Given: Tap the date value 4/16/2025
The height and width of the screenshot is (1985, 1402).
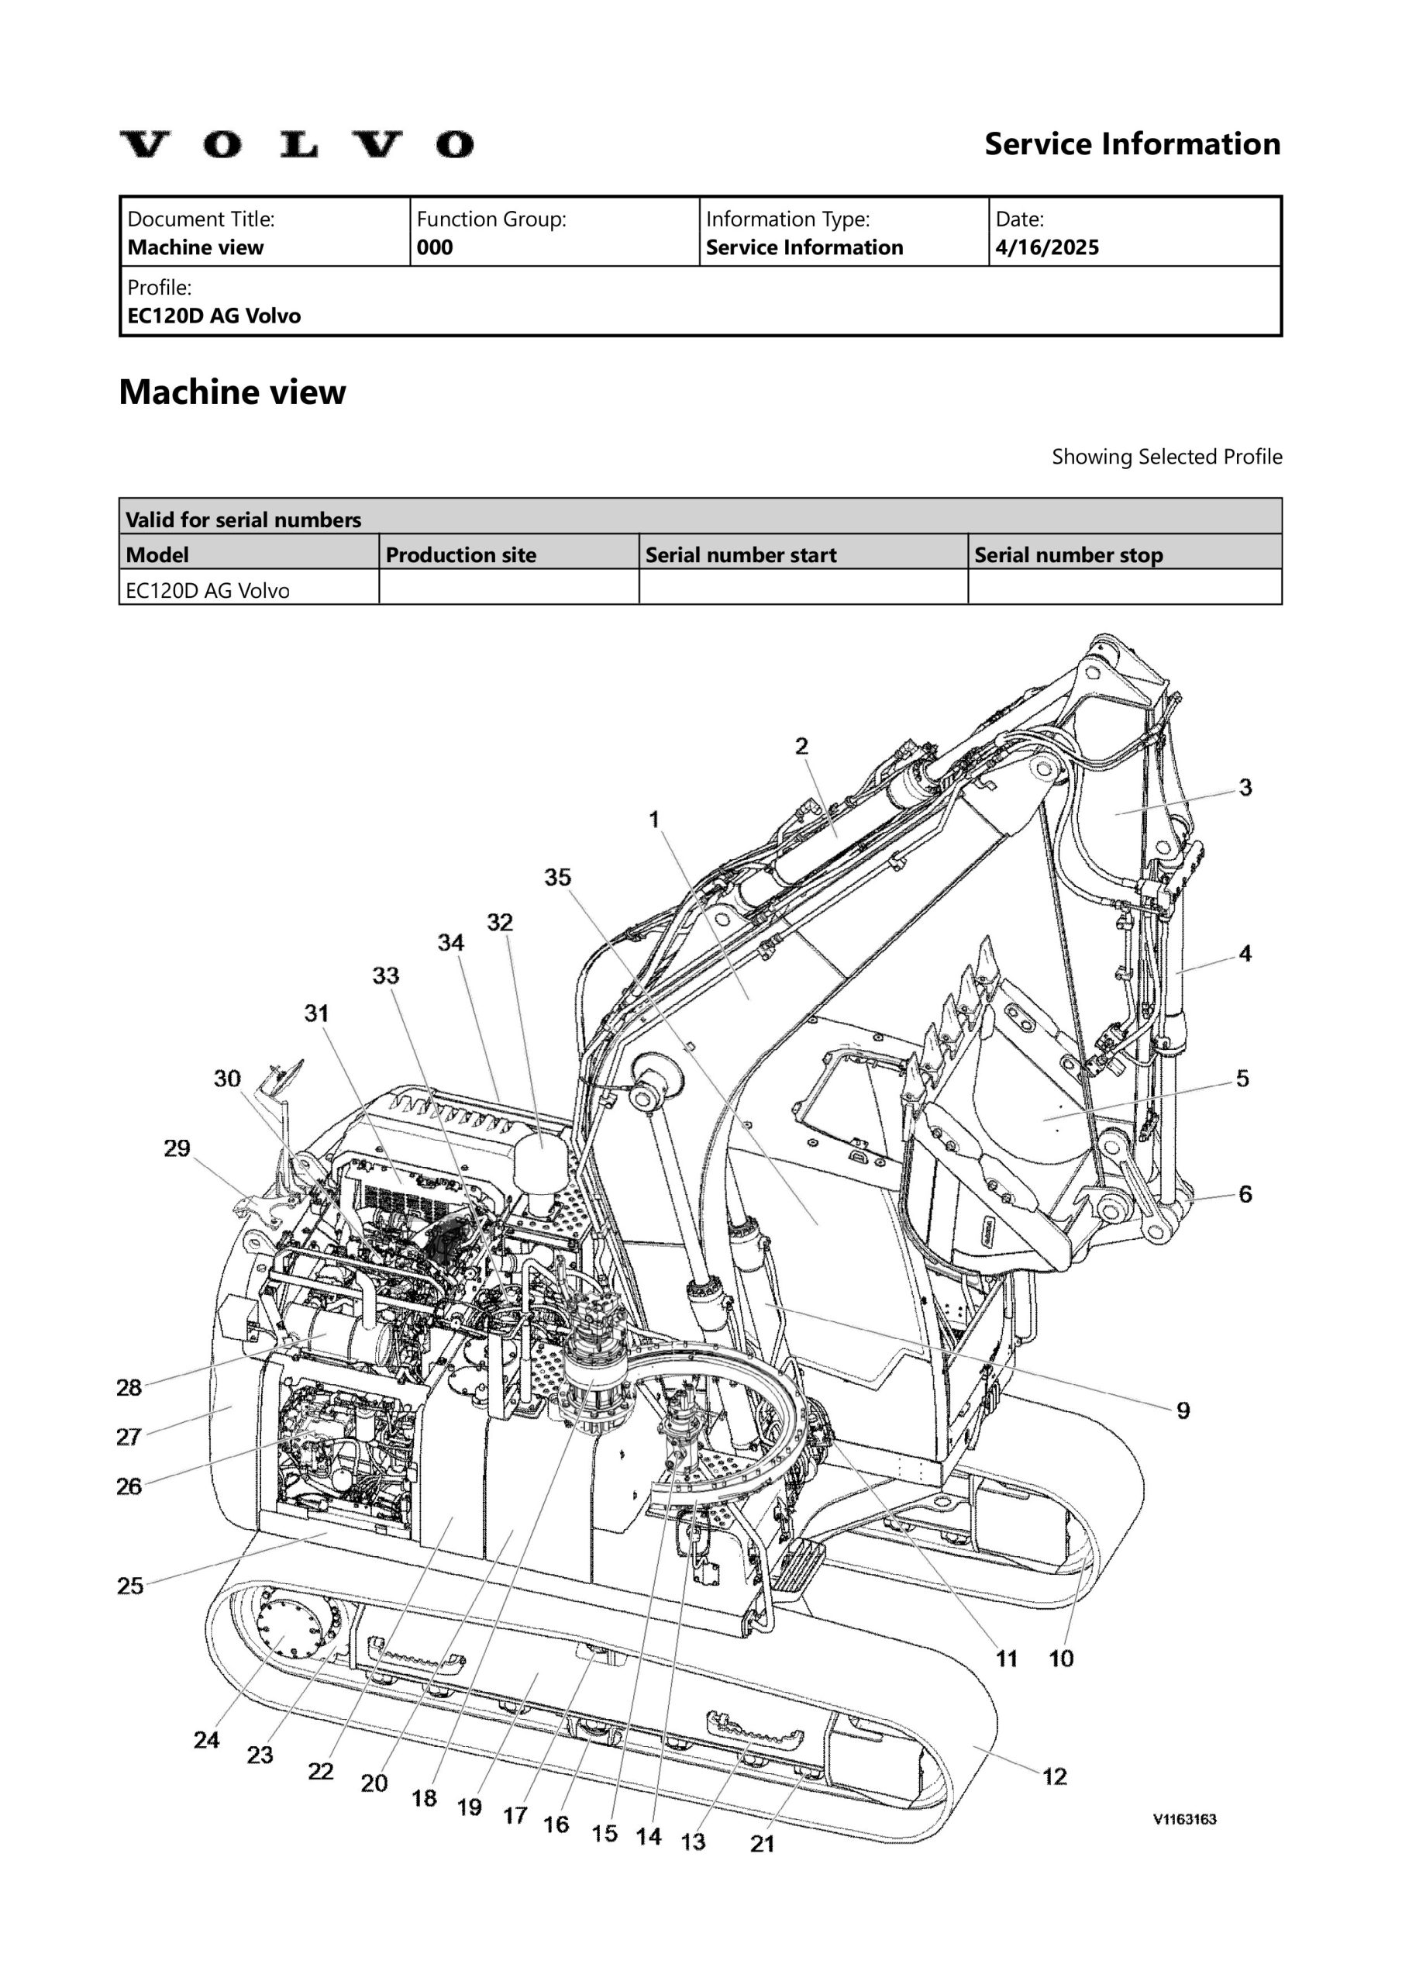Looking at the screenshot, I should [1047, 248].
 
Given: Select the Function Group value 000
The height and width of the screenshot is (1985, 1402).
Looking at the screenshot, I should [434, 248].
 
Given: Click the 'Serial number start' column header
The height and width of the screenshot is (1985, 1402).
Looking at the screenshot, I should [741, 555].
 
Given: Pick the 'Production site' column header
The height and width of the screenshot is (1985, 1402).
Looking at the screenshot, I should [460, 555].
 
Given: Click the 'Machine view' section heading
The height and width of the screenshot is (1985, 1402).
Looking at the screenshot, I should [232, 392].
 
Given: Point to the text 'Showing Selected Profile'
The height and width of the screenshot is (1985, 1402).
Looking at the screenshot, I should [1166, 457].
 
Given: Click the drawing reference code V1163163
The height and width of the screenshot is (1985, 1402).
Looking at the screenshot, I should [1184, 1819].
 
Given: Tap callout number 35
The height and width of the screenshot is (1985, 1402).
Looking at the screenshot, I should [557, 878].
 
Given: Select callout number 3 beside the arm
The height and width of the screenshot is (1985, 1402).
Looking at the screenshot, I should [1245, 788].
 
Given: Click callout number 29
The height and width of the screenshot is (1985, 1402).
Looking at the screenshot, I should [177, 1148].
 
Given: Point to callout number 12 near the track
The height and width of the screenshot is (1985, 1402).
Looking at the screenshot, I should [1055, 1776].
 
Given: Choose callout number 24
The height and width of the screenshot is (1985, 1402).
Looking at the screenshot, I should [207, 1739].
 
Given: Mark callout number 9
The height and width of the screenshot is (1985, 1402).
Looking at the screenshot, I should [1183, 1411].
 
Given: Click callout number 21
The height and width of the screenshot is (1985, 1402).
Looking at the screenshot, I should [763, 1844].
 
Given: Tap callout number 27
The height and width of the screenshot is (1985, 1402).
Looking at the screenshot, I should [129, 1437].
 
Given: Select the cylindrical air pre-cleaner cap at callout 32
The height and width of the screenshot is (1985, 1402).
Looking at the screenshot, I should [541, 1159].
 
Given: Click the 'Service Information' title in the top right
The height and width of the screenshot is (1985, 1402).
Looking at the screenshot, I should [1132, 144].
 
